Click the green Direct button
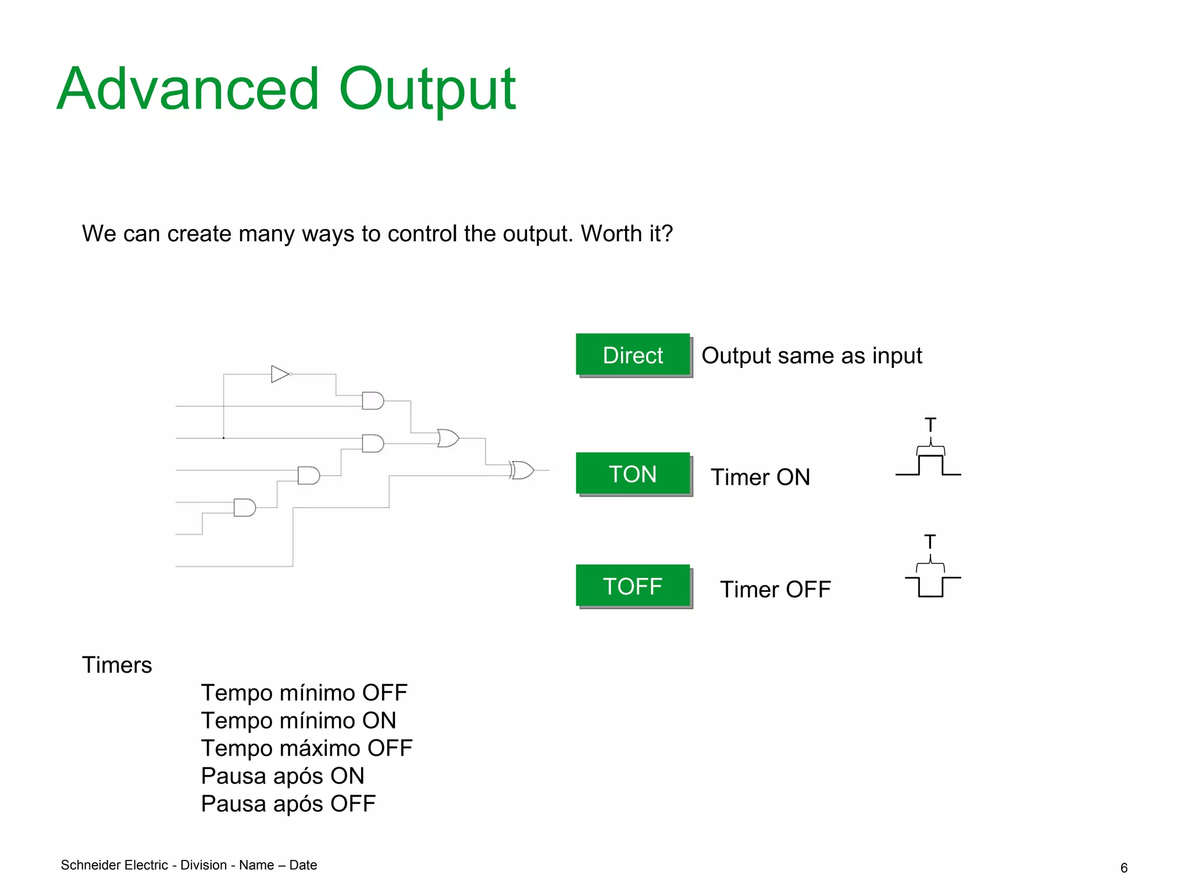point(633,355)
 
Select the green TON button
point(633,474)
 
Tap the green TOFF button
point(633,586)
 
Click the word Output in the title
point(427,90)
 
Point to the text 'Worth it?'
point(626,234)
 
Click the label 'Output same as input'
point(811,356)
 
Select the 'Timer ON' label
point(760,477)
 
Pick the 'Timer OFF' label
point(775,590)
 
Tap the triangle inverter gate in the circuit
point(280,374)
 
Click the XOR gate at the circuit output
point(522,470)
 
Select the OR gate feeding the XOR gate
point(448,438)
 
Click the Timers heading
point(117,665)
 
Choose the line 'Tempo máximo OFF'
point(306,748)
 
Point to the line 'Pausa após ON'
point(283,776)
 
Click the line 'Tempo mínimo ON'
point(298,721)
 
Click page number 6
point(1124,868)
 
